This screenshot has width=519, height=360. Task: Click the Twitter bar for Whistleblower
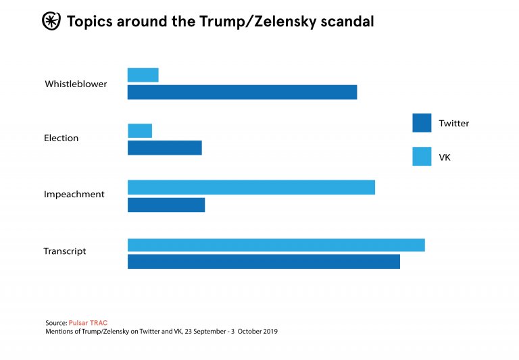click(242, 93)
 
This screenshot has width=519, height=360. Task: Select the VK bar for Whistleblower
click(143, 75)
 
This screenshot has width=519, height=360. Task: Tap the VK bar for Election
click(140, 130)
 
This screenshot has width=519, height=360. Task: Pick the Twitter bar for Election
click(165, 148)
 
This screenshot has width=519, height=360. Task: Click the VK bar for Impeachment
click(251, 187)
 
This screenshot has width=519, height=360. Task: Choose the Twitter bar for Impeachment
click(166, 205)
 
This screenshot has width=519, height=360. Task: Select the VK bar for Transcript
click(276, 245)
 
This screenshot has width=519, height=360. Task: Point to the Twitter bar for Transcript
click(264, 261)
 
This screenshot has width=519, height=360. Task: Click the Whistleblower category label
click(76, 84)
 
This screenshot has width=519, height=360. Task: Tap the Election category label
click(61, 138)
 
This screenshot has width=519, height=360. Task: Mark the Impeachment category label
click(74, 195)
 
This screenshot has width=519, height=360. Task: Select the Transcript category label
click(65, 251)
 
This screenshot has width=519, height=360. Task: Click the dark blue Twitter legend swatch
click(422, 123)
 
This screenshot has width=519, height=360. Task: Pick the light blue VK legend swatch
click(422, 157)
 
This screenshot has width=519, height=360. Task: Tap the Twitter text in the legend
click(453, 124)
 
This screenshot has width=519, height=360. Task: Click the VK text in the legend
click(445, 157)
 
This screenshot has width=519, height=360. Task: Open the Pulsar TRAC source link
click(88, 323)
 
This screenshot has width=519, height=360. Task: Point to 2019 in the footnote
click(269, 332)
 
